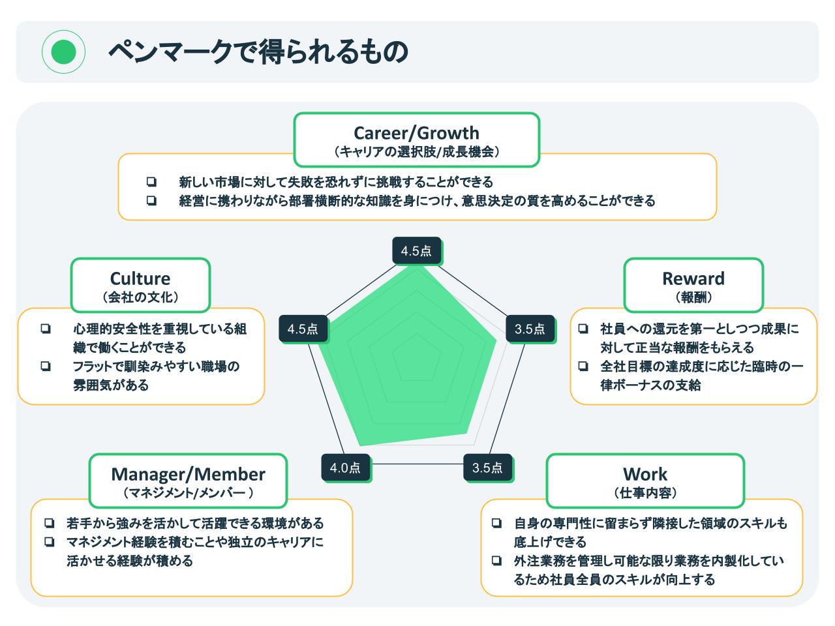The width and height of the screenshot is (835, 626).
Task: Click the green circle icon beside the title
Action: [63, 52]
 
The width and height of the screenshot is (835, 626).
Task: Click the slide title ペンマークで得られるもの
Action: [258, 52]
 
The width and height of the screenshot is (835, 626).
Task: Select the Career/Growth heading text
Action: [416, 133]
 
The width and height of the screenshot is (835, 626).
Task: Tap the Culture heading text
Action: [140, 278]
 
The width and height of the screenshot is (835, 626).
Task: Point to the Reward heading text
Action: [693, 278]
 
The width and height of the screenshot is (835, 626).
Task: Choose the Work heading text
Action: [645, 474]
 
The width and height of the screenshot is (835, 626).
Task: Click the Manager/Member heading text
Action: [188, 474]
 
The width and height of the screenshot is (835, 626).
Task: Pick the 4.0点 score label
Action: [345, 468]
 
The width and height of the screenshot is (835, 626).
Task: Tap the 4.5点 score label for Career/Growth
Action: [416, 251]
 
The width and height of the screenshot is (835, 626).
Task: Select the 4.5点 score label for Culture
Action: [303, 329]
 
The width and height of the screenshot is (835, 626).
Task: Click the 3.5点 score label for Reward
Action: [530, 329]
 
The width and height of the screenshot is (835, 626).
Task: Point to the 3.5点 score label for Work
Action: [487, 468]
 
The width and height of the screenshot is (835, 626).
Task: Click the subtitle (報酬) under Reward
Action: [693, 297]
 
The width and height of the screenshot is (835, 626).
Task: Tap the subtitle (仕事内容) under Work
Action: [645, 493]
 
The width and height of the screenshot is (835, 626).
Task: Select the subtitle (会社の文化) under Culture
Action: [140, 297]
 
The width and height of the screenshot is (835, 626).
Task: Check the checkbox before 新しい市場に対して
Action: [151, 182]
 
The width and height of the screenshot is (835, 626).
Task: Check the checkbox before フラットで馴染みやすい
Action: [46, 366]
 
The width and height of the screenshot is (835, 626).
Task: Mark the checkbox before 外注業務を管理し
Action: [497, 560]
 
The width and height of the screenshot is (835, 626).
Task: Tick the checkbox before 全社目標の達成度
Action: [583, 366]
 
